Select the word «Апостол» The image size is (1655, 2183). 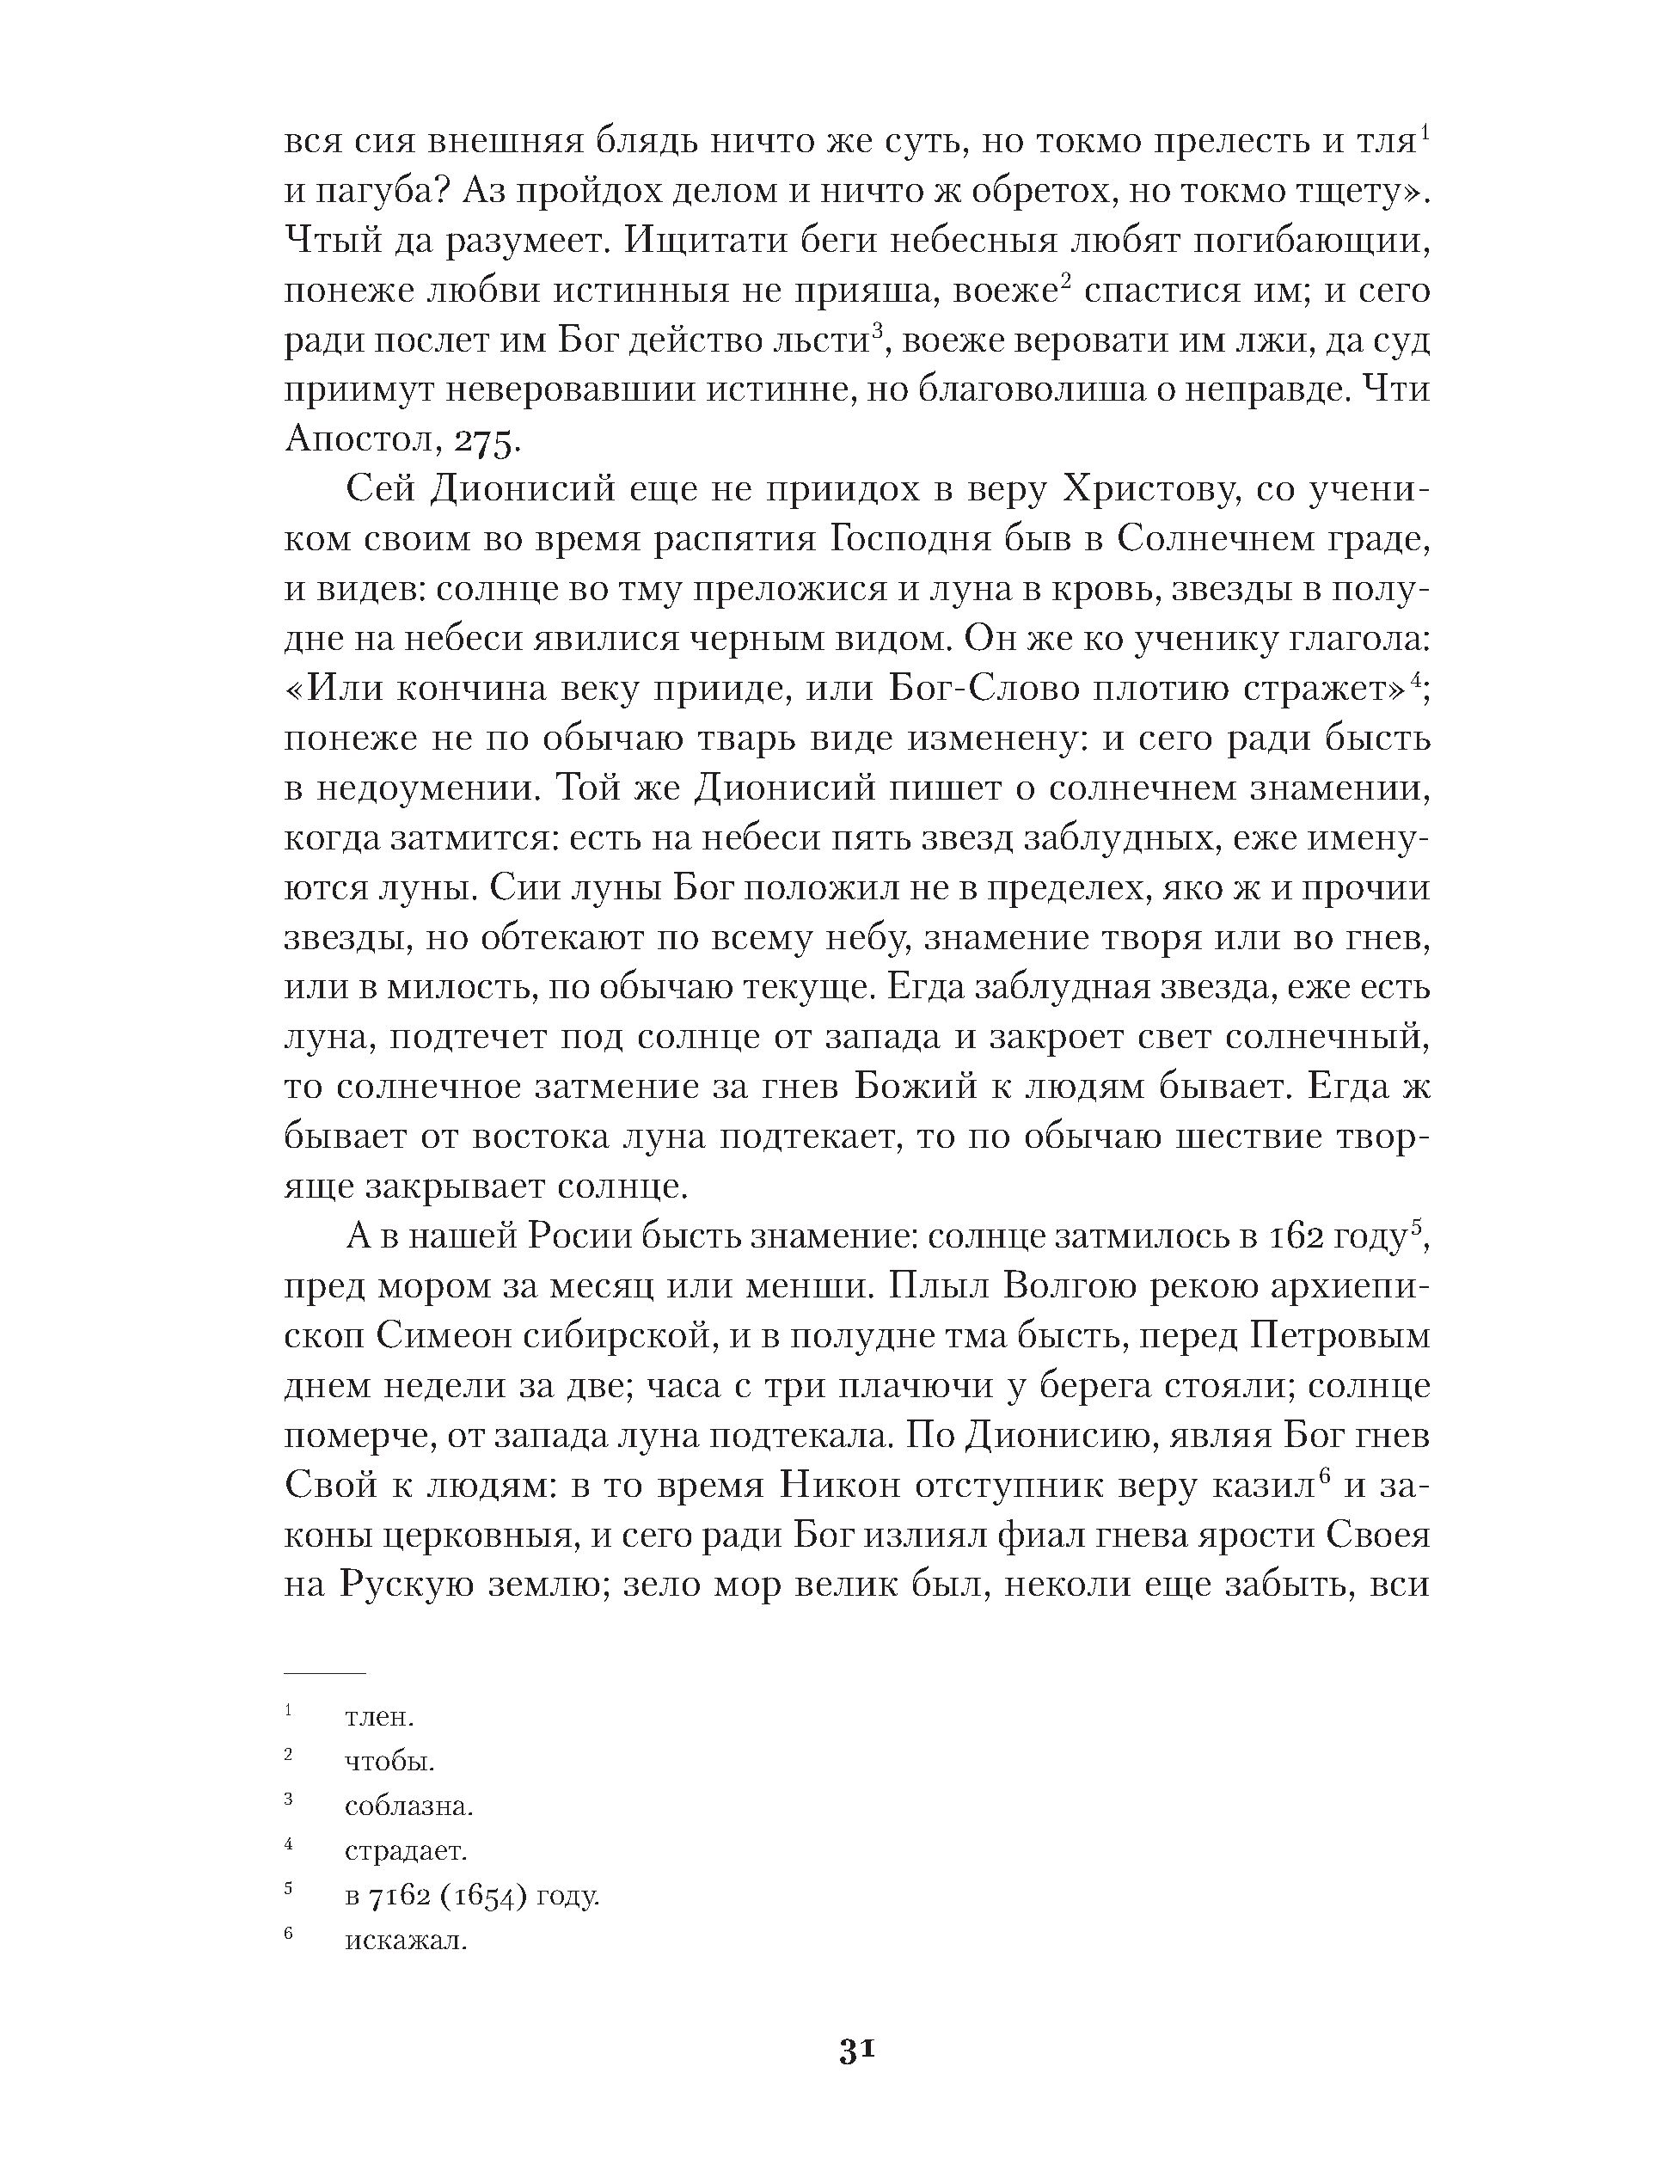pyautogui.click(x=359, y=439)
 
